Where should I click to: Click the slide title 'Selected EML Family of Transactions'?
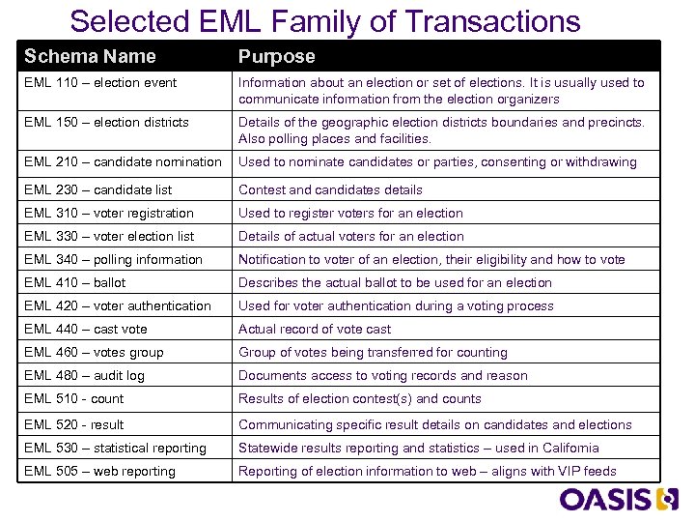[x=325, y=20]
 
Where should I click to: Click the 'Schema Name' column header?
[x=90, y=56]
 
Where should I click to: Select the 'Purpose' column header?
[x=277, y=56]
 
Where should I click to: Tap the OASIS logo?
[x=620, y=499]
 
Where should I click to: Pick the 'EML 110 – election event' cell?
[x=100, y=82]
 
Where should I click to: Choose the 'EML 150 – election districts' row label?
[x=106, y=122]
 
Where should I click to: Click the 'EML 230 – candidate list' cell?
[x=98, y=189]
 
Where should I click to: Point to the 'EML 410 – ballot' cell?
[x=75, y=282]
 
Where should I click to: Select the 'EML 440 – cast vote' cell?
[x=86, y=329]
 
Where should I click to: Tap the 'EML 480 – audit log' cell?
[x=85, y=375]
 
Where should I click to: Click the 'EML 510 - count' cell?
[x=74, y=398]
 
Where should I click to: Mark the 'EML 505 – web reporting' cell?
[x=100, y=471]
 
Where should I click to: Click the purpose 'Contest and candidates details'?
[x=330, y=189]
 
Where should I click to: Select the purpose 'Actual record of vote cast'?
[x=315, y=329]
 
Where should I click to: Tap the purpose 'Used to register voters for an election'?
[x=350, y=213]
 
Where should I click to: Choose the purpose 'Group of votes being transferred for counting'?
[x=373, y=352]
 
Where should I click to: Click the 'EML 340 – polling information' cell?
[x=114, y=259]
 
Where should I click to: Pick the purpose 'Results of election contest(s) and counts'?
[x=359, y=398]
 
